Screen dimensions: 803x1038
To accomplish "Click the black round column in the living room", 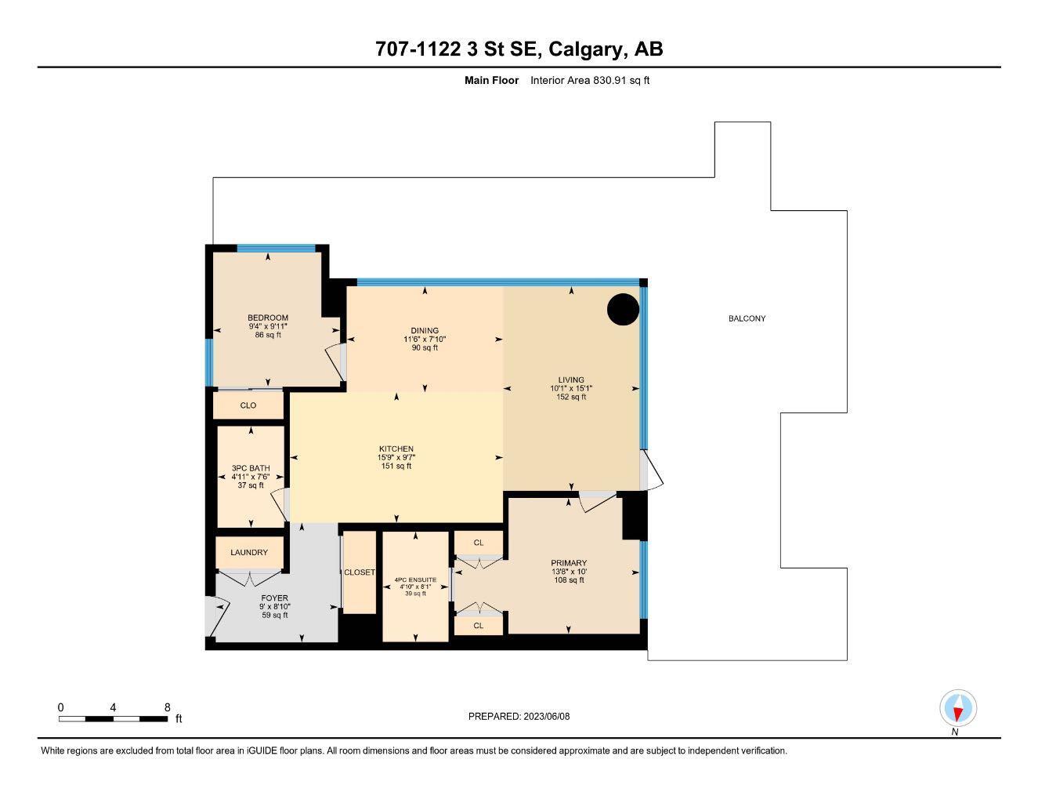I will coord(624,309).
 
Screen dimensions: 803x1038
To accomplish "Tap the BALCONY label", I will coord(747,318).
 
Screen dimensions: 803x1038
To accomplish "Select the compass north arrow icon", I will coord(957,708).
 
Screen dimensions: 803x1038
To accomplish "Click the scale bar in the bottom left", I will coord(113,718).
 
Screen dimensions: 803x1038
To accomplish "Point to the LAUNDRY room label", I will coord(249,553).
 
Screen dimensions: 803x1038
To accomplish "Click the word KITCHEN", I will coord(396,449).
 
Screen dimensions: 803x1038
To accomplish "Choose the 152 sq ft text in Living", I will coord(571,397).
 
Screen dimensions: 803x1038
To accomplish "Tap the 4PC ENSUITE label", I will coord(415,580).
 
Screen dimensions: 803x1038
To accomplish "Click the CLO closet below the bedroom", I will coord(248,405).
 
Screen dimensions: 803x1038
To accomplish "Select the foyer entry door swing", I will coord(215,617).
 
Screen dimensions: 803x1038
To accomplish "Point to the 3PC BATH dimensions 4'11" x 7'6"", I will coord(251,477).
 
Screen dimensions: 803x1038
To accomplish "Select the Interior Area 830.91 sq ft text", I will coord(590,80).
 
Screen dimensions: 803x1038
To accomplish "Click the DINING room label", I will coord(425,330).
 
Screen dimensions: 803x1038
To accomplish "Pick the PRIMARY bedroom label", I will coord(569,563).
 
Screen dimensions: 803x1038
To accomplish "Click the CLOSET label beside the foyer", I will coord(360,572).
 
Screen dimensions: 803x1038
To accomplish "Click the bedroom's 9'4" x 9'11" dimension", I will coord(268,326).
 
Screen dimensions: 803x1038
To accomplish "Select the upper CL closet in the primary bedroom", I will coord(479,543).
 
